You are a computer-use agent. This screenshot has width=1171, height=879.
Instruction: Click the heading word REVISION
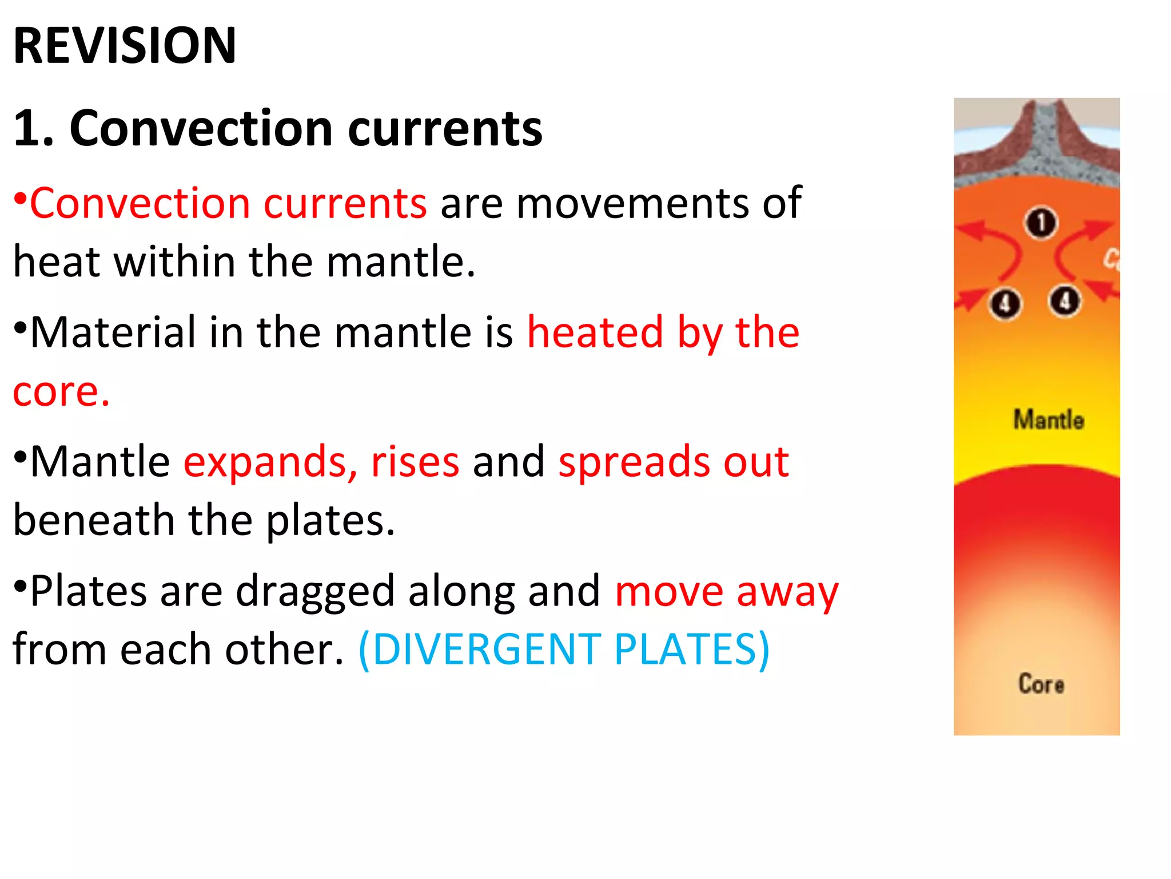125,46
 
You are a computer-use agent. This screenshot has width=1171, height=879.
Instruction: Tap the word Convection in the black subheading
201,128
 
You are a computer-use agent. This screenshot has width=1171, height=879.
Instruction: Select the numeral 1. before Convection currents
33,128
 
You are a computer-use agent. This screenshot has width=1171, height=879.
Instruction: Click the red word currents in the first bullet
345,203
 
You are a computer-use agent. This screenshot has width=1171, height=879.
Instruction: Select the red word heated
595,332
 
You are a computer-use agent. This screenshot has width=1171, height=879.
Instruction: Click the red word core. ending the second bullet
61,392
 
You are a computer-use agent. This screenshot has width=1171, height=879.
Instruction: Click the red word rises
415,462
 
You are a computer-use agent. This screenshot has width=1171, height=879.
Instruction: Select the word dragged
315,592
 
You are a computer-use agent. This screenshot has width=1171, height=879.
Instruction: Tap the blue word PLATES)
692,650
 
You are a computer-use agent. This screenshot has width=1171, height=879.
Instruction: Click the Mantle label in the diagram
1049,420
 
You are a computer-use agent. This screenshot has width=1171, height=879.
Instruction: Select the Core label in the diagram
1041,684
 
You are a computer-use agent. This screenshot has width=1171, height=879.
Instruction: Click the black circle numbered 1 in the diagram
1041,223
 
